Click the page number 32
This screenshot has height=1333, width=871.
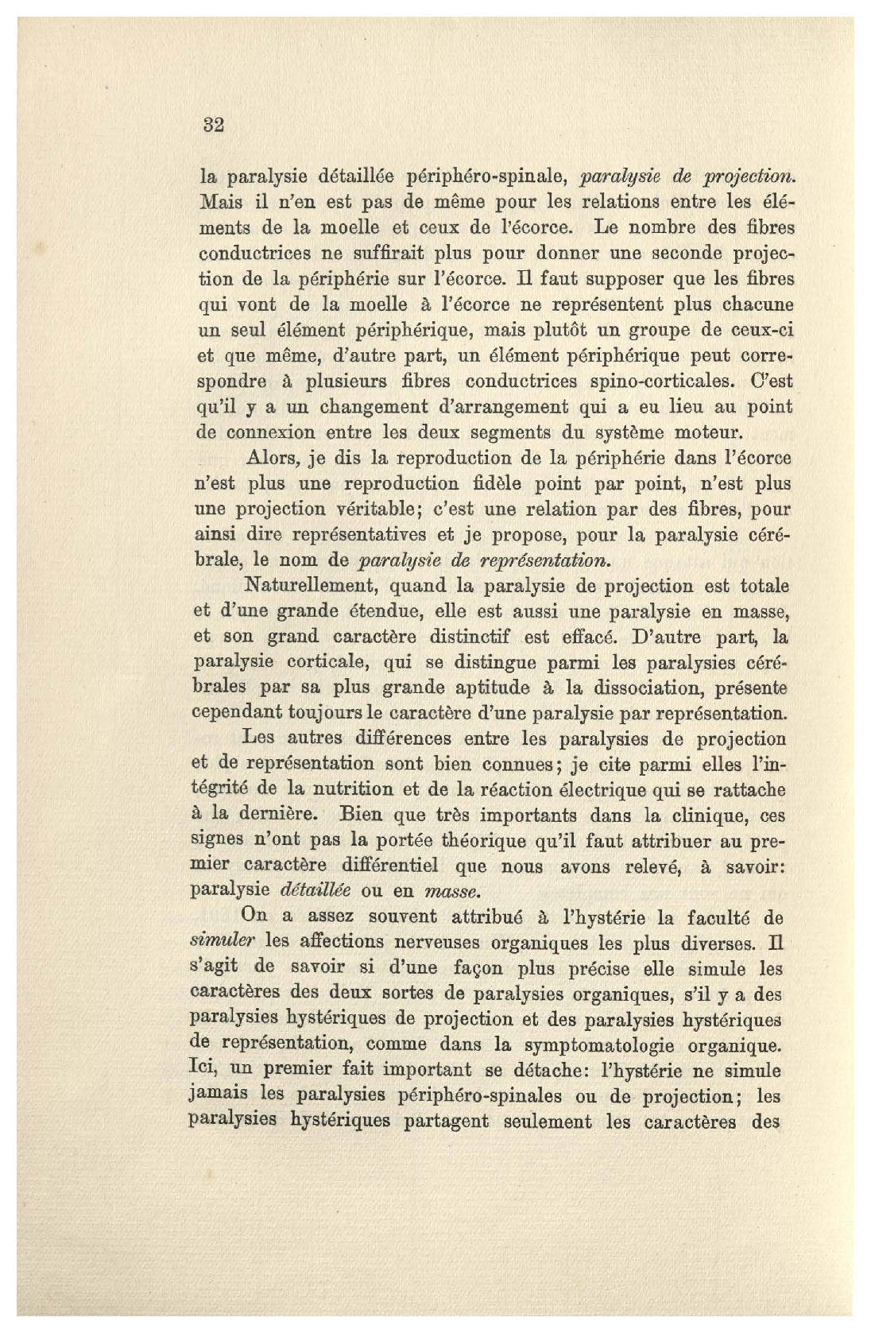214,125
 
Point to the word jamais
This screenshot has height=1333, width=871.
220,1095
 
